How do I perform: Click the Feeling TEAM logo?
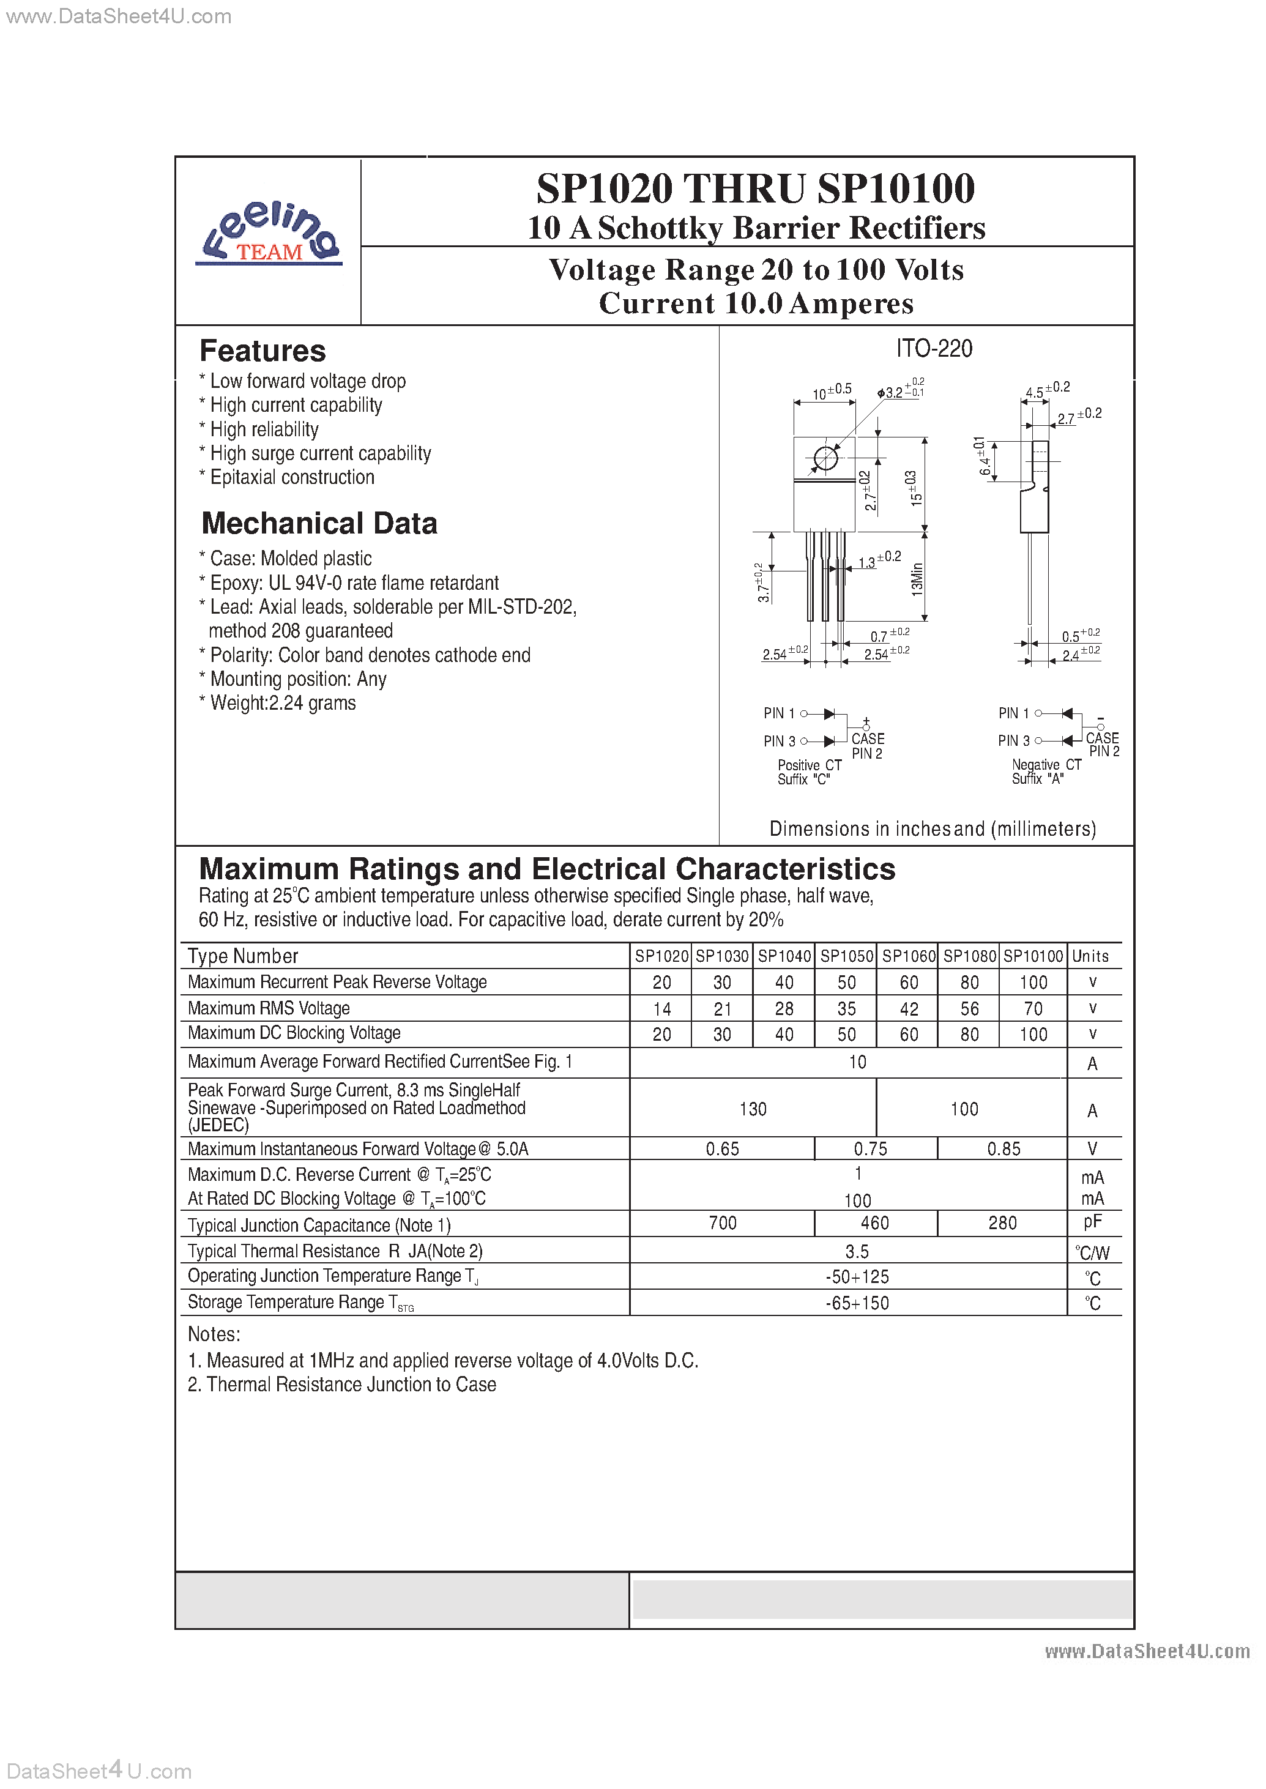pyautogui.click(x=269, y=234)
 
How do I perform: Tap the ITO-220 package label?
pyautogui.click(x=934, y=349)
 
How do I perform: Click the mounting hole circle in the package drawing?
pyautogui.click(x=825, y=458)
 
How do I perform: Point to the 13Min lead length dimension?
pyautogui.click(x=918, y=579)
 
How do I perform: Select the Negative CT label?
pyautogui.click(x=1046, y=765)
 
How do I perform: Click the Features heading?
pyautogui.click(x=263, y=351)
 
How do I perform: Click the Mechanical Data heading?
pyautogui.click(x=319, y=523)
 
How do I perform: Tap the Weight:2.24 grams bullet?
pyautogui.click(x=282, y=703)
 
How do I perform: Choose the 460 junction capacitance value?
pyautogui.click(x=874, y=1223)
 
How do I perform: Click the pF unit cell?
pyautogui.click(x=1092, y=1222)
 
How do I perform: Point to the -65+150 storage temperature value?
pyautogui.click(x=857, y=1303)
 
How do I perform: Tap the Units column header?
pyautogui.click(x=1090, y=956)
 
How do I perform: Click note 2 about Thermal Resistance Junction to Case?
pyautogui.click(x=341, y=1385)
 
